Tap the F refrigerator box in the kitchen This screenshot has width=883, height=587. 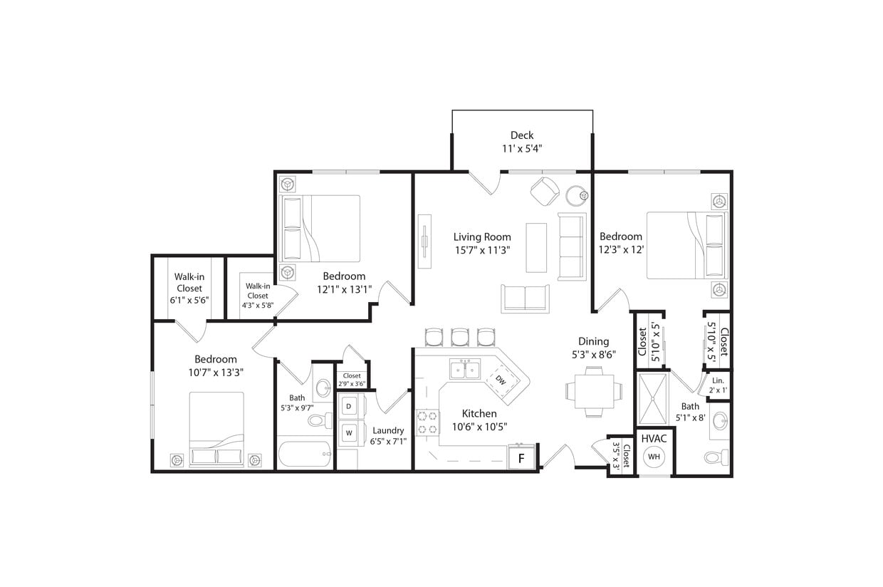pyautogui.click(x=521, y=458)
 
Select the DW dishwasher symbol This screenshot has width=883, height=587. pyautogui.click(x=501, y=380)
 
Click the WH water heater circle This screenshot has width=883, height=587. pyautogui.click(x=653, y=456)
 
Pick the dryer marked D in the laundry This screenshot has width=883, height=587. pyautogui.click(x=349, y=406)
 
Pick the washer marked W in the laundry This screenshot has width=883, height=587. pyautogui.click(x=349, y=432)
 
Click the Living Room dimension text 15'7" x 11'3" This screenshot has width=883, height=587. pyautogui.click(x=482, y=250)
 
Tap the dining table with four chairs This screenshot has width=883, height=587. pyautogui.click(x=593, y=390)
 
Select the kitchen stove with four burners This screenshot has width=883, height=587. pyautogui.click(x=427, y=421)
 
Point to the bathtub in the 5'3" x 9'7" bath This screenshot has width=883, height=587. pyautogui.click(x=304, y=454)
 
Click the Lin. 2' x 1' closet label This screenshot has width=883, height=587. pyautogui.click(x=718, y=385)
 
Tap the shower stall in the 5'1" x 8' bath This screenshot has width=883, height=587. pyautogui.click(x=653, y=398)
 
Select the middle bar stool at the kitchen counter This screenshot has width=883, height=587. pyautogui.click(x=460, y=336)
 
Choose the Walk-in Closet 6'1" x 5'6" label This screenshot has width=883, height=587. pyautogui.click(x=189, y=289)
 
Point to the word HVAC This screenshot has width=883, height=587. pyautogui.click(x=653, y=438)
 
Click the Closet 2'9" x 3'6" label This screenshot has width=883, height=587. pyautogui.click(x=352, y=380)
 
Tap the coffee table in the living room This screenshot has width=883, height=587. pyautogui.click(x=536, y=247)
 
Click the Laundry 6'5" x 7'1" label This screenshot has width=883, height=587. pyautogui.click(x=388, y=435)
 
